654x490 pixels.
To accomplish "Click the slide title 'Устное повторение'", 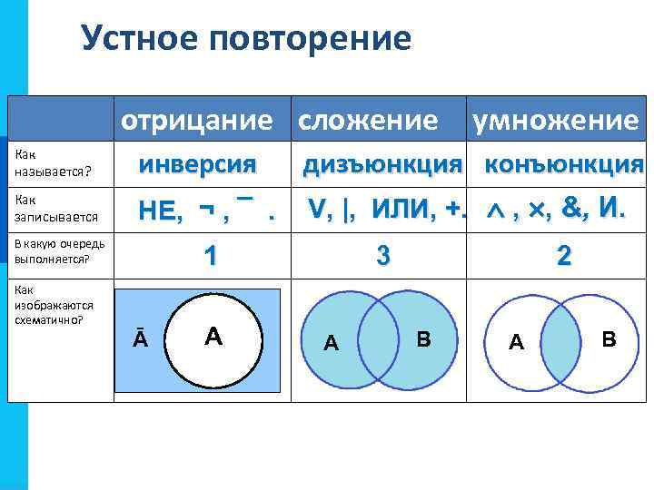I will pyautogui.click(x=245, y=38).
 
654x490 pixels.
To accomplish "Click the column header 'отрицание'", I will pyautogui.click(x=197, y=120).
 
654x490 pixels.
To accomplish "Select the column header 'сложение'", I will pyautogui.click(x=368, y=120).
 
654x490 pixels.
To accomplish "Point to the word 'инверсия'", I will pyautogui.click(x=197, y=165).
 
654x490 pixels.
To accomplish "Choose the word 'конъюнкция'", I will pyautogui.click(x=564, y=165).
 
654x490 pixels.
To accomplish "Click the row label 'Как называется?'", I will pyautogui.click(x=43, y=163).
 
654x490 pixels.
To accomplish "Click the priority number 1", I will pyautogui.click(x=210, y=256).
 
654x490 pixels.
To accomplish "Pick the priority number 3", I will pyautogui.click(x=383, y=256).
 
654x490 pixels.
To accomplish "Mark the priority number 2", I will pyautogui.click(x=564, y=256).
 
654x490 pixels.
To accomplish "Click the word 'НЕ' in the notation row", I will pyautogui.click(x=160, y=212).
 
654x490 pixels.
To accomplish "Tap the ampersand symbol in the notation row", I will pyautogui.click(x=574, y=209).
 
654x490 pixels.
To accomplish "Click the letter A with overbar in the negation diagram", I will pyautogui.click(x=141, y=338).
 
